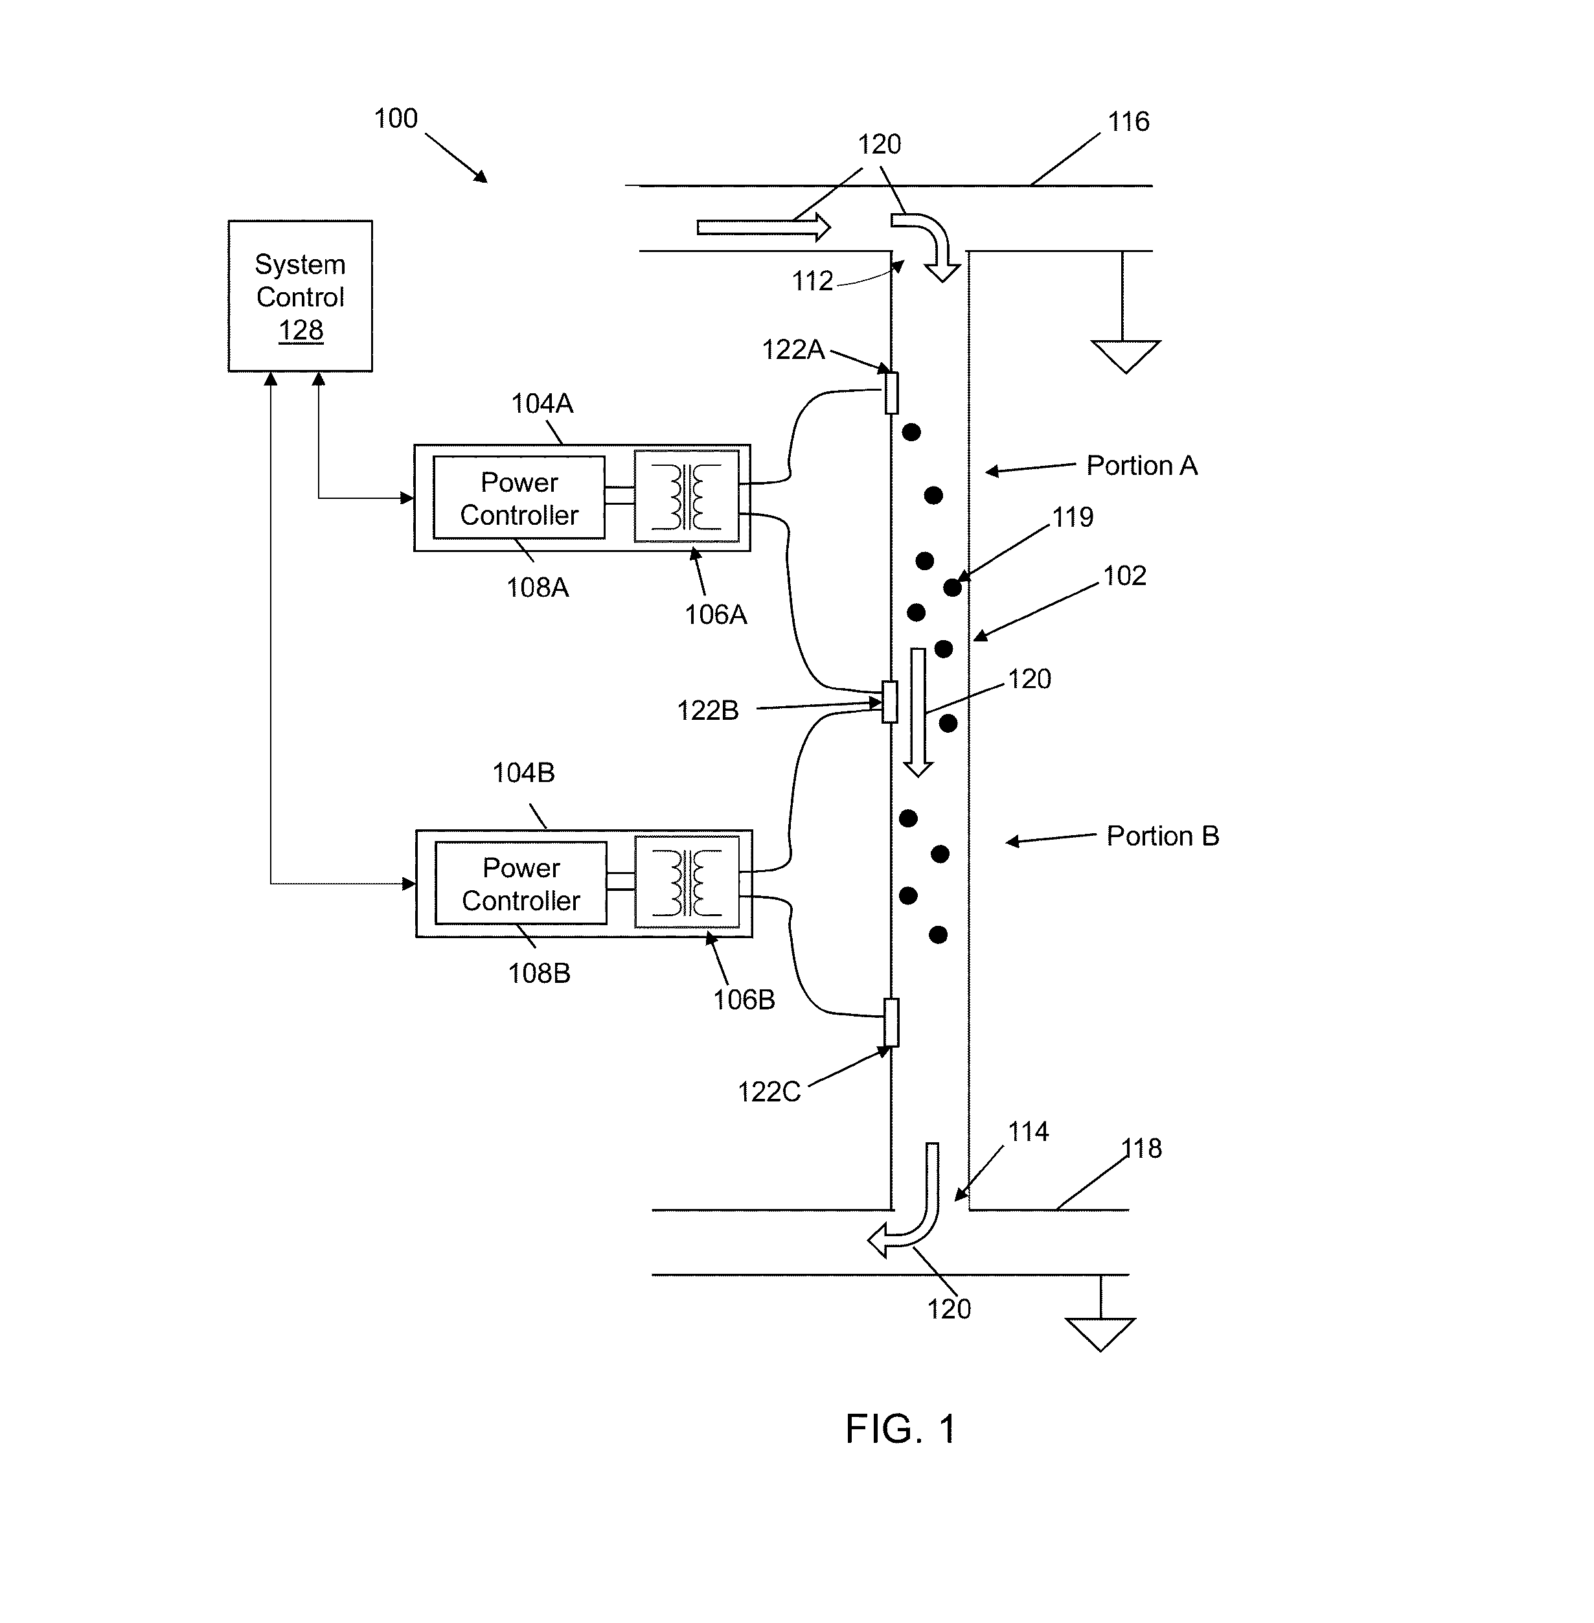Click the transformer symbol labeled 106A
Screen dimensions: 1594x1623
tap(687, 496)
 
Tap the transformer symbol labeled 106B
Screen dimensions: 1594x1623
tap(687, 882)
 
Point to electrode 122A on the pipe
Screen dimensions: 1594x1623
tap(892, 393)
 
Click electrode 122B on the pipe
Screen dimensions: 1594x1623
tap(890, 702)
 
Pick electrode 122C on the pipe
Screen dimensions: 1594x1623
tap(892, 1022)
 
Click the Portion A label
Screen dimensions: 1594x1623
tap(1142, 466)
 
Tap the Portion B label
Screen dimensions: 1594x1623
tap(1163, 836)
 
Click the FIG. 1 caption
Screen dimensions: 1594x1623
tap(901, 1429)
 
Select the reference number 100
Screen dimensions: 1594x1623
tap(395, 119)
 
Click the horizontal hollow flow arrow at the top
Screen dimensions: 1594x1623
tap(764, 227)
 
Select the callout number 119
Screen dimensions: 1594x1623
tap(1073, 518)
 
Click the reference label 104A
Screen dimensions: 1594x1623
tap(541, 404)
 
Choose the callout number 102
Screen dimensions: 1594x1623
tap(1124, 576)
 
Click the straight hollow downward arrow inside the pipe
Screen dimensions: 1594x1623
tap(918, 713)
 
